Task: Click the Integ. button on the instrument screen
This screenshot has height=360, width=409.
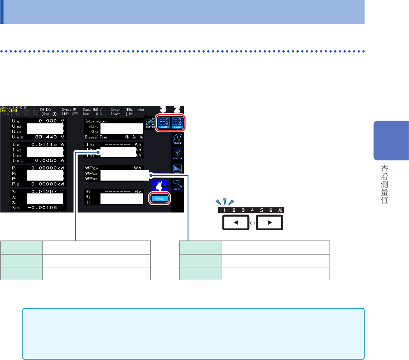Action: tap(160, 198)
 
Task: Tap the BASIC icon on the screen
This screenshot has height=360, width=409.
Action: tap(164, 121)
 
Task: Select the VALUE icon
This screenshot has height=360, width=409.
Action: tap(178, 121)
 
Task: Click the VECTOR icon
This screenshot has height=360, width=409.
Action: tap(178, 155)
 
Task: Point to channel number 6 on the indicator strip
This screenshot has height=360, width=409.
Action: tap(271, 210)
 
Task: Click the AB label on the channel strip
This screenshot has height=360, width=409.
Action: tap(281, 210)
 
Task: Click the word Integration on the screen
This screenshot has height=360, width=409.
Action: tap(95, 121)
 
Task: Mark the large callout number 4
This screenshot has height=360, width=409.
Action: tap(159, 187)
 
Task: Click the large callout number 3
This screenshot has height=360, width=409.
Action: tap(163, 109)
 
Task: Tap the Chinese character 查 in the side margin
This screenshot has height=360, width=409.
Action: tap(384, 170)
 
